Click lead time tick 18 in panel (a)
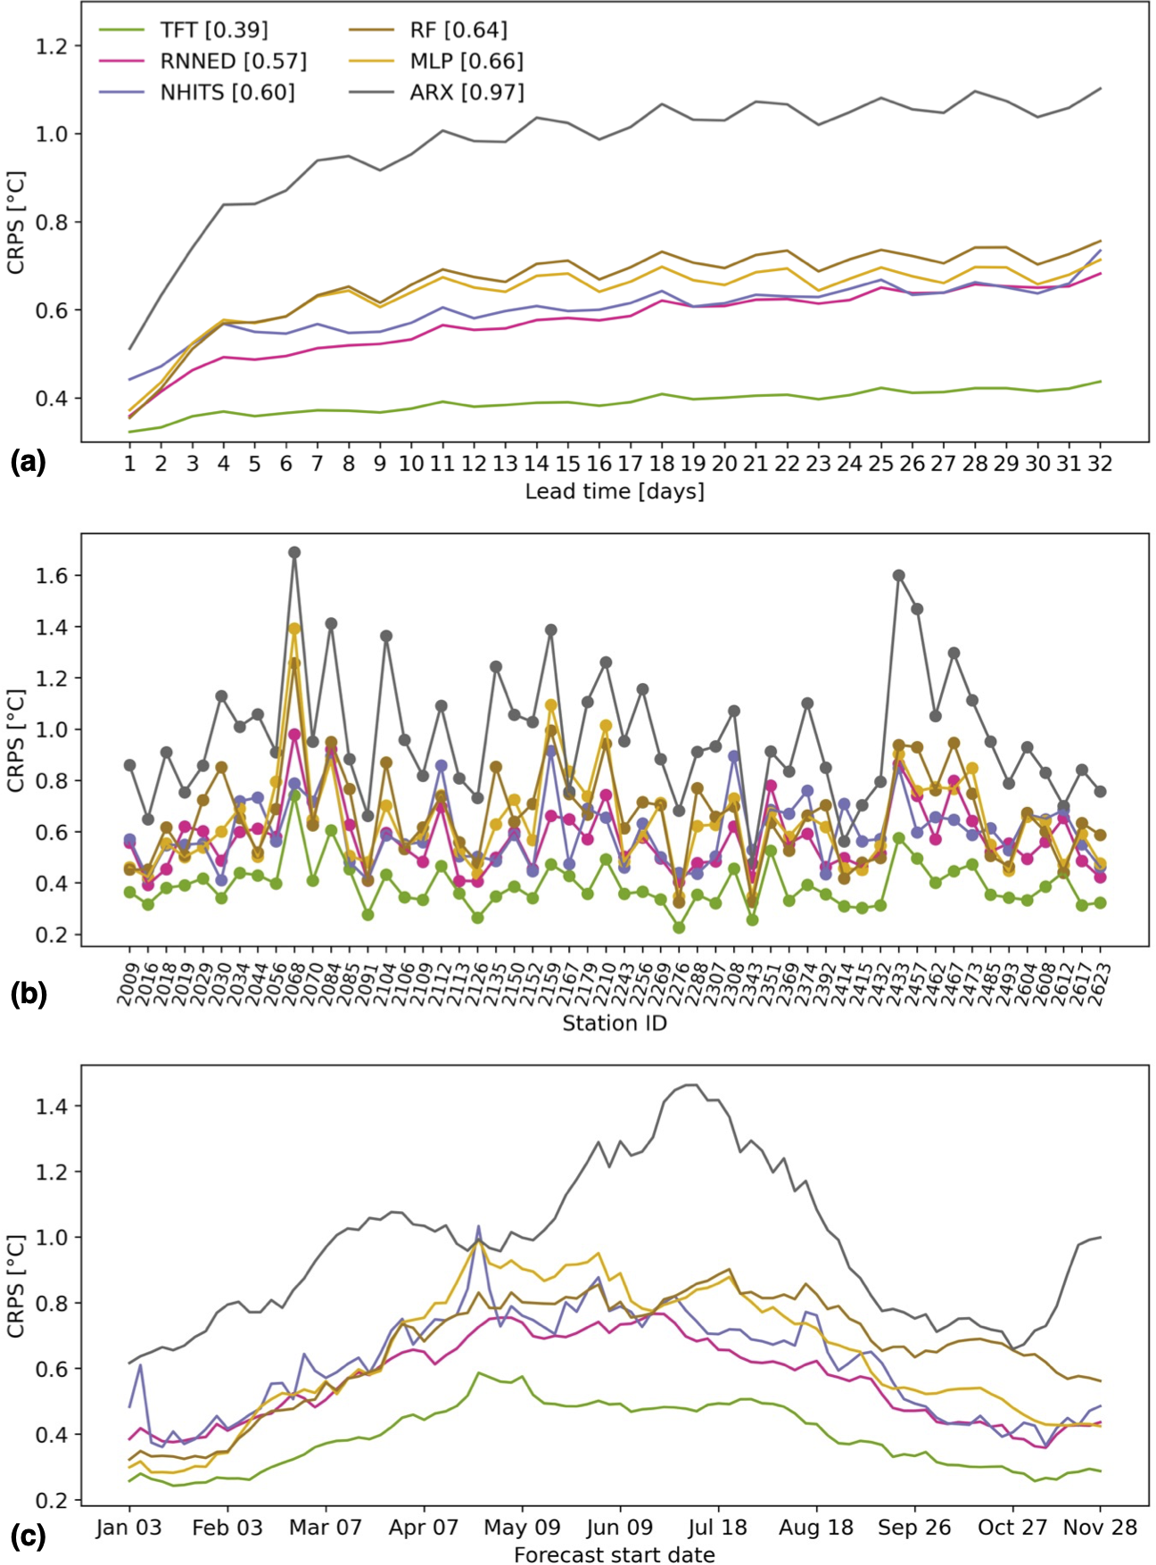662,464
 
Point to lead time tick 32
1099,464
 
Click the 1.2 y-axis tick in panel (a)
50,46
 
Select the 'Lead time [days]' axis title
615,491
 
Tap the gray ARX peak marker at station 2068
294,553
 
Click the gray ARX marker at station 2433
899,576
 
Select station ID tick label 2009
127,984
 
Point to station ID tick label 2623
1100,984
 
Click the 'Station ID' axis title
615,1024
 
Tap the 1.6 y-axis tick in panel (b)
50,576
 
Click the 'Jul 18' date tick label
717,1528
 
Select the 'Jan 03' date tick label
129,1528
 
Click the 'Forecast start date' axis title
615,1554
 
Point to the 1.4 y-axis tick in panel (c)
50,1107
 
